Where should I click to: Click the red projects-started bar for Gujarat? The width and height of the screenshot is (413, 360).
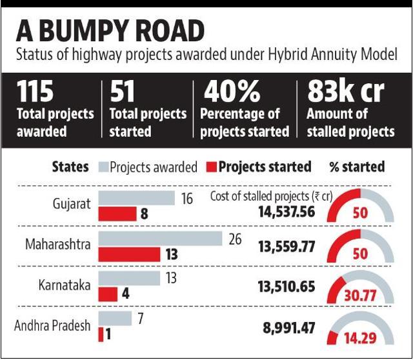coord(117,214)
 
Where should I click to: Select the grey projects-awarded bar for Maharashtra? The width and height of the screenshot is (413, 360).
coord(160,239)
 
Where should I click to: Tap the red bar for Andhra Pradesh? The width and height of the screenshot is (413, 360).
coord(101,334)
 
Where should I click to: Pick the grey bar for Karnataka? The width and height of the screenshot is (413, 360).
coord(129,278)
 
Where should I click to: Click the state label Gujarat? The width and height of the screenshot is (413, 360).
coord(72,205)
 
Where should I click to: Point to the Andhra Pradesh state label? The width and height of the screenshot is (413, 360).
coord(52,326)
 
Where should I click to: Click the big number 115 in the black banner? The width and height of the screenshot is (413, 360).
coord(35,91)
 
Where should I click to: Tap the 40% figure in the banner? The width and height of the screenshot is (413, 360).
coord(232,91)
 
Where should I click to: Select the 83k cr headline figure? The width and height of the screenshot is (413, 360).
coord(346,91)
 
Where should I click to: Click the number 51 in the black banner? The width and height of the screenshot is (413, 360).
coord(122,91)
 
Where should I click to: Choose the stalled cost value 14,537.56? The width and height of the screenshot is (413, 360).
coord(287,212)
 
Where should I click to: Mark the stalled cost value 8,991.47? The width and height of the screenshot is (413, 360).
coord(289,328)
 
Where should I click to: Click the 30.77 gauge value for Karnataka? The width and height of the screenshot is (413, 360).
coord(360,295)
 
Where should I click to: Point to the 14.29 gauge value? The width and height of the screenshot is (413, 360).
coord(360,338)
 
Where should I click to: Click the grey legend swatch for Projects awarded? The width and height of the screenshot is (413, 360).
coord(103,167)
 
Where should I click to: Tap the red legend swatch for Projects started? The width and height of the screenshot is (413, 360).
coord(211,167)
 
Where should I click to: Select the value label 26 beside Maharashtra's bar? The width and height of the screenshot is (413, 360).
coord(235,239)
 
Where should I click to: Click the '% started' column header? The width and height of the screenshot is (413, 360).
coord(357,167)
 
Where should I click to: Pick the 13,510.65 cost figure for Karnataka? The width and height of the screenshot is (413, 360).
coord(287,286)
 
